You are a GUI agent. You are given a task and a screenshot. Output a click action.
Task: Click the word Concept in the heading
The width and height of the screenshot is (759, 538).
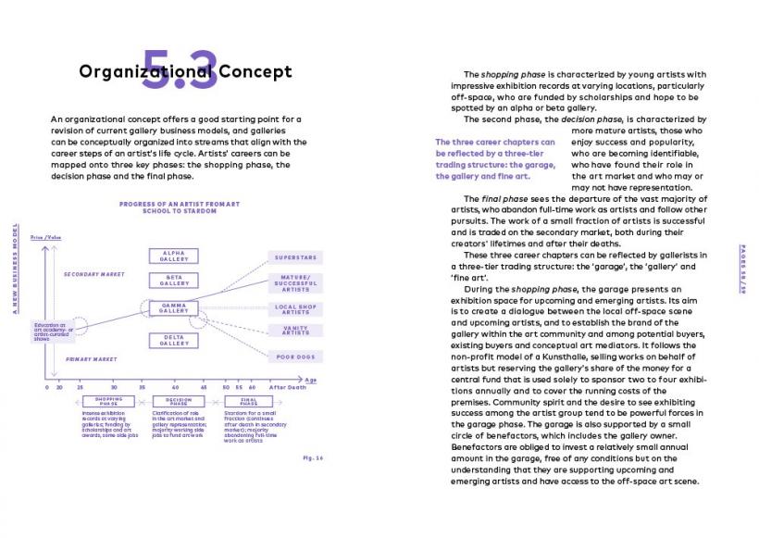point(255,71)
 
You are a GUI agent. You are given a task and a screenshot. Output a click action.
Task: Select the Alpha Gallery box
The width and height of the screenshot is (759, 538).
point(173,256)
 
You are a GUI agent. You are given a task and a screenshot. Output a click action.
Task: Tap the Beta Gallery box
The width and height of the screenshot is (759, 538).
point(173,280)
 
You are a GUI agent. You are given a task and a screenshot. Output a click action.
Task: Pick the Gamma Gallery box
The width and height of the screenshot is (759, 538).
point(173,308)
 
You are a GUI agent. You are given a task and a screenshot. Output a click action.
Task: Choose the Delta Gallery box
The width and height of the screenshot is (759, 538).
point(173,340)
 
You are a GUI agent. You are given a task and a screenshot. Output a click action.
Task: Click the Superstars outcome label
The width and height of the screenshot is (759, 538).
point(295,256)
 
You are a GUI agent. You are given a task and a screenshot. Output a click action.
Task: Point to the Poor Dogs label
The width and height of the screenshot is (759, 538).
point(295,356)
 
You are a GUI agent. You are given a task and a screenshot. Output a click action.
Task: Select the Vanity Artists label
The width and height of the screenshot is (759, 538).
point(295,331)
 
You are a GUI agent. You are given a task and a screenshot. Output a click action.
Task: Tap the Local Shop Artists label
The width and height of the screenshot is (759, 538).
point(295,309)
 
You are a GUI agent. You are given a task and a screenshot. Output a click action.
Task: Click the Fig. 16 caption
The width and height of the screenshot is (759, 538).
point(312,457)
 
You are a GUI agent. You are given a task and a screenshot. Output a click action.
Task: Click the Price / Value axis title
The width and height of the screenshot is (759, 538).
point(44,239)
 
